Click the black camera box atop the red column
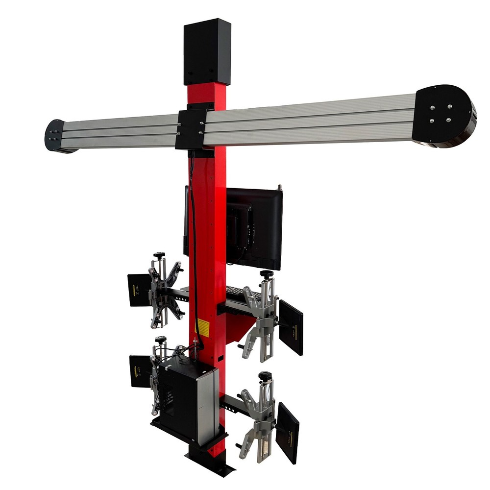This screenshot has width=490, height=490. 207,53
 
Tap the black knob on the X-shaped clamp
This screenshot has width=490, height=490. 159,255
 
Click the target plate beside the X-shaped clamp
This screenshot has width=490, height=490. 139,290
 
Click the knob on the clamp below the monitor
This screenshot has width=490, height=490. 266,274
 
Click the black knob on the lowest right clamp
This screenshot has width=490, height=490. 265,376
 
